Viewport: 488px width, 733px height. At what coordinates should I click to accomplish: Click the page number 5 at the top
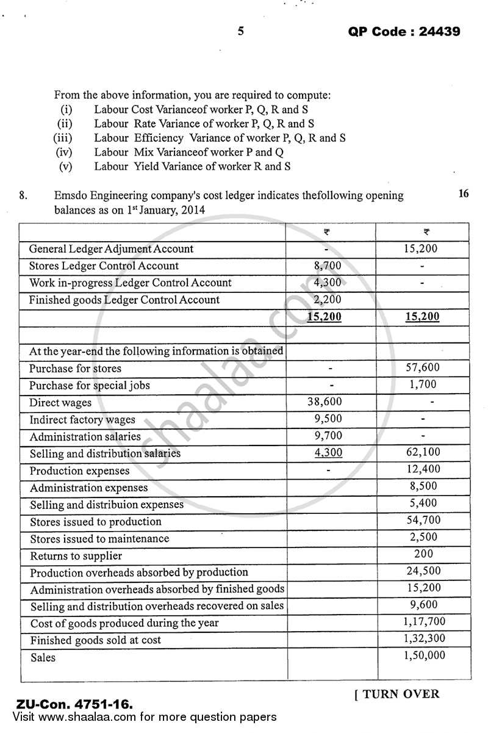240,31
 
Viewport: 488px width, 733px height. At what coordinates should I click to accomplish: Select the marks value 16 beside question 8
463,194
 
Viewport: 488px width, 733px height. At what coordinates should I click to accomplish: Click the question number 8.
23,196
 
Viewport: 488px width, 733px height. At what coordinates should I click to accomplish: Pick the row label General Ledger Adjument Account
111,249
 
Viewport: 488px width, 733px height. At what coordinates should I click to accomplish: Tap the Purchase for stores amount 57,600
422,368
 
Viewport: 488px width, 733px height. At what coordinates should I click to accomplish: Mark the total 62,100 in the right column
422,453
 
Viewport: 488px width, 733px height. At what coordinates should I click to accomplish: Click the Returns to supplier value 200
423,554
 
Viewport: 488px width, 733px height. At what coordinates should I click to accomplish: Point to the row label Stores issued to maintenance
99,539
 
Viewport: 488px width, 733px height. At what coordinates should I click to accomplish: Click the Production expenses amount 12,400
422,470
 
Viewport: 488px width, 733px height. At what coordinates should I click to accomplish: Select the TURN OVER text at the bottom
396,694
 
